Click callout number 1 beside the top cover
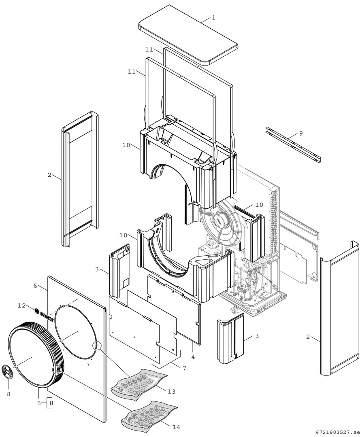(x=213, y=18)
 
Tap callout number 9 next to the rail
(x=300, y=133)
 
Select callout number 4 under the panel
(x=193, y=357)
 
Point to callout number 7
(x=184, y=369)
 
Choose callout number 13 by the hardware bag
(x=171, y=391)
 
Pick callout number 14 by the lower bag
(x=176, y=427)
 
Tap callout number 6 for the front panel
(x=35, y=286)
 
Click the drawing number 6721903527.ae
(x=336, y=432)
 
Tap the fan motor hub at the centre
(x=222, y=219)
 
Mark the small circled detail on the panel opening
(x=97, y=345)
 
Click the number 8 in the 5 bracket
(x=51, y=403)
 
